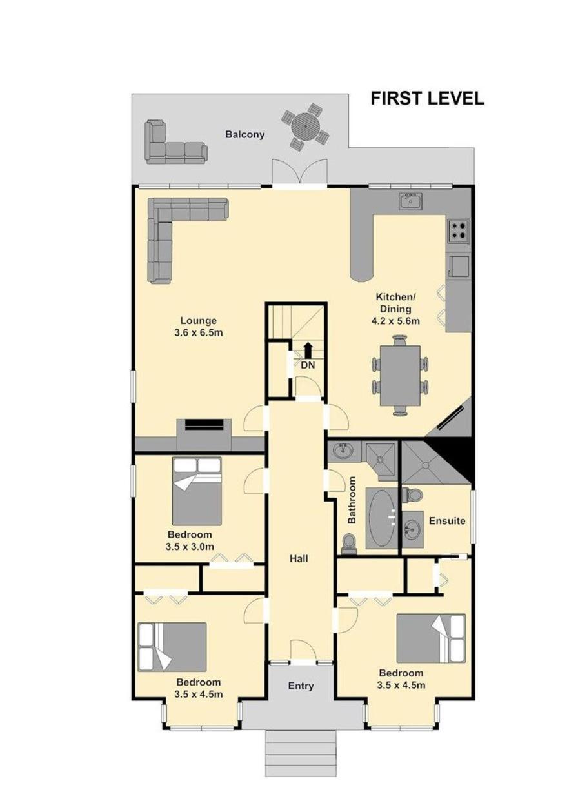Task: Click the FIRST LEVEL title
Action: (x=427, y=98)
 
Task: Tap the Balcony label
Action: (x=244, y=134)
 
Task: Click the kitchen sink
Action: (x=411, y=201)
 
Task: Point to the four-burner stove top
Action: (x=458, y=230)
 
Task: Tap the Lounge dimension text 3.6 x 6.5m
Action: (x=199, y=332)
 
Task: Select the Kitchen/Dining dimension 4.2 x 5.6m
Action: (x=395, y=320)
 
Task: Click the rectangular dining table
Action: (x=400, y=375)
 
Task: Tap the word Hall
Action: (x=299, y=558)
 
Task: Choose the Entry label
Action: (x=301, y=686)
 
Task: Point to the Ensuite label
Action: (x=447, y=520)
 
